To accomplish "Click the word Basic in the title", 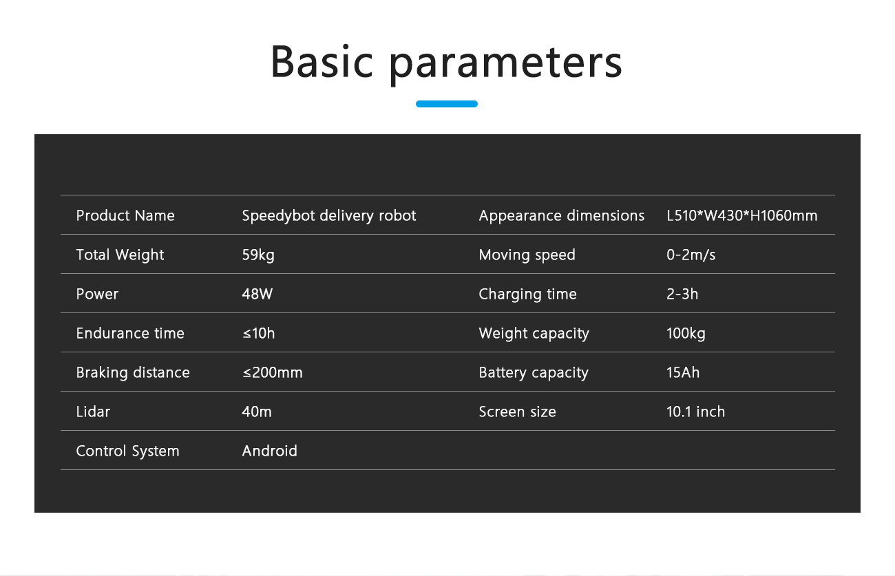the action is tap(322, 61).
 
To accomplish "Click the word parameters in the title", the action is tap(506, 65).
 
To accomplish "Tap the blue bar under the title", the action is tap(446, 104).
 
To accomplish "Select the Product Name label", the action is tap(125, 215).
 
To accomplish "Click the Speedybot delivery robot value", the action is tap(329, 216).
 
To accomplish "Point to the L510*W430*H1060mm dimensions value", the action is tap(742, 215).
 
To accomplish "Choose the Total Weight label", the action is tap(120, 255).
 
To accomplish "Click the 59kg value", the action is tap(258, 255).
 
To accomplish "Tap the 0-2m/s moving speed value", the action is tap(691, 255).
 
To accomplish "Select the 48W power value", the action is tap(257, 294).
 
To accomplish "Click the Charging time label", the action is tap(528, 295).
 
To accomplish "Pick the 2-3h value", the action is tap(682, 294).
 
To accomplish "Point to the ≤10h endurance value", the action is tap(258, 333).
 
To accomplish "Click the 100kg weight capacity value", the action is tap(686, 334).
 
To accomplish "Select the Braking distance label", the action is tap(133, 373).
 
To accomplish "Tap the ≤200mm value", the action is tap(273, 372).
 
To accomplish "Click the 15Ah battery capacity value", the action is tap(683, 372).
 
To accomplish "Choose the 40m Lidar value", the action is tap(257, 412).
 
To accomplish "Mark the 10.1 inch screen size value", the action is tap(695, 412).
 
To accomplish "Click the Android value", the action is tap(270, 451).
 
